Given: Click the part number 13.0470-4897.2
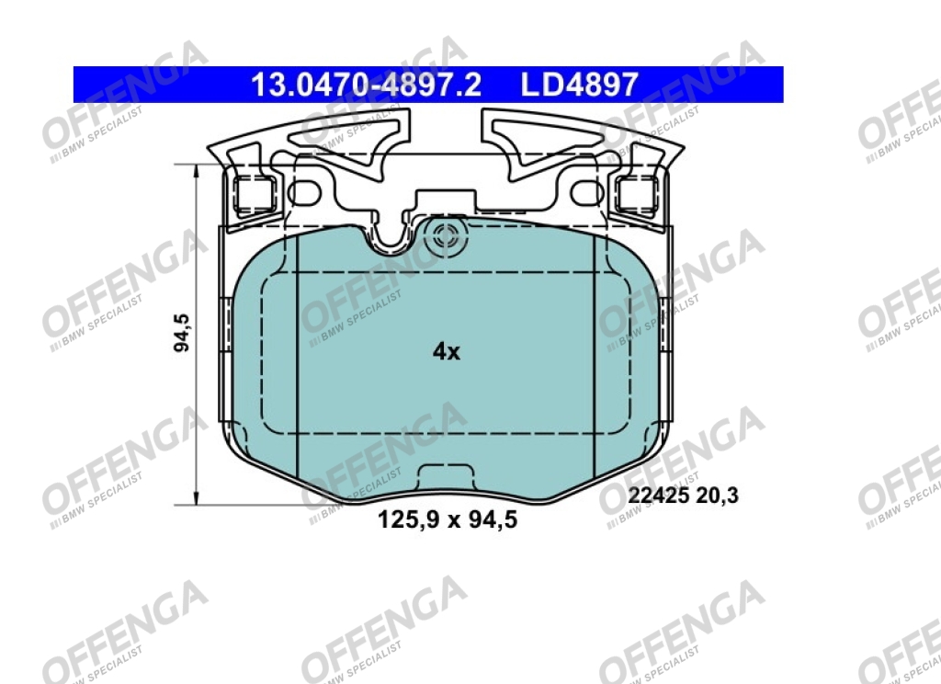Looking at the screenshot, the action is (x=366, y=85).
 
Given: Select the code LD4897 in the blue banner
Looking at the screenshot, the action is (x=579, y=85).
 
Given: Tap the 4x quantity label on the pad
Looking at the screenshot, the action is (x=447, y=351).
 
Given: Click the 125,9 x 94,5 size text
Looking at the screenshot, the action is (x=448, y=519).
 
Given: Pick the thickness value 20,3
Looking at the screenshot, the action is (x=717, y=496).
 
